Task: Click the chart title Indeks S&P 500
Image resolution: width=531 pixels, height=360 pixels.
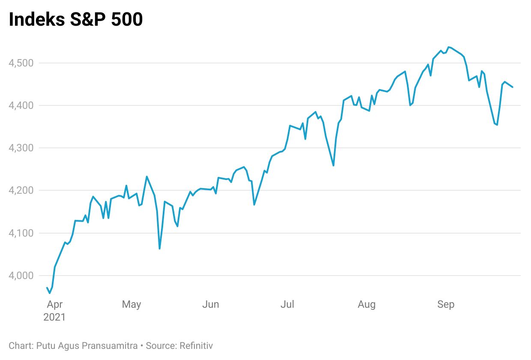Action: [76, 20]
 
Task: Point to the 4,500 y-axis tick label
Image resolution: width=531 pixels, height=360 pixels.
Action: [21, 63]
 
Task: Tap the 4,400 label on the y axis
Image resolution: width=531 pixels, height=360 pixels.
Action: [21, 105]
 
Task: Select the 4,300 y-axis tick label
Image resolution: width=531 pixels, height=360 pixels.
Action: [21, 148]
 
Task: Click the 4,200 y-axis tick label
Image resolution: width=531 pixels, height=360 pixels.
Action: [21, 190]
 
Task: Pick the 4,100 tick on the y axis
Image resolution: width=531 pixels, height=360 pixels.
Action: [21, 233]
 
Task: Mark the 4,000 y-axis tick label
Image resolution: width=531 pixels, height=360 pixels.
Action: [21, 276]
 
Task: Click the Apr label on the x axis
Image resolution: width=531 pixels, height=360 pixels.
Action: [54, 305]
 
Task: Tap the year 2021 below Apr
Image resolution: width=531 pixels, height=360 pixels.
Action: [54, 318]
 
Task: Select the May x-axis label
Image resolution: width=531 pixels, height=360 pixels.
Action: [131, 305]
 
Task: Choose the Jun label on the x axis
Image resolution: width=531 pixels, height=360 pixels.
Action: [210, 305]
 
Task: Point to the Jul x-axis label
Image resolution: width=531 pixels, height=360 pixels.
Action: [287, 305]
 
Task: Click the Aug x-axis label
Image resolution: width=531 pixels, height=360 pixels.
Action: [367, 305]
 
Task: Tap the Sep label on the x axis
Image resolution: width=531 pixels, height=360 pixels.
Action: [446, 305]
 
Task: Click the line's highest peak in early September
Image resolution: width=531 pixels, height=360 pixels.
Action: [448, 47]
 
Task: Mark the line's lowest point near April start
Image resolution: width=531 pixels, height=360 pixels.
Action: [50, 293]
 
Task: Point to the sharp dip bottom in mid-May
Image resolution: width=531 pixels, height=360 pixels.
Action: [160, 249]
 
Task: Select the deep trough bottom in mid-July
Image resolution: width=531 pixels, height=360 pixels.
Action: [333, 165]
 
